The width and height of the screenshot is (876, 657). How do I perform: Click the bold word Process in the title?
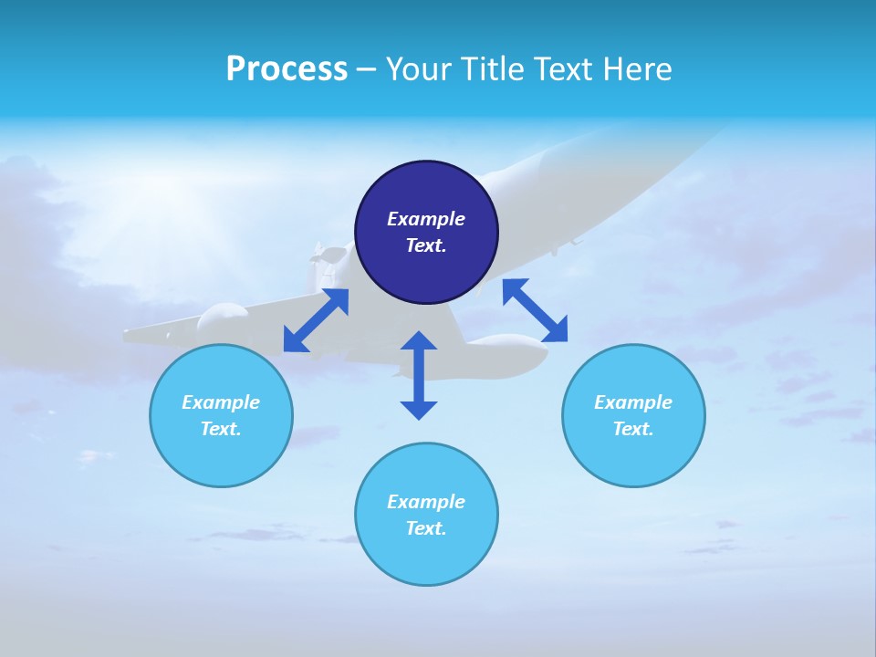(x=287, y=69)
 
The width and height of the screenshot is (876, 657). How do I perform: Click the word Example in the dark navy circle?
(x=426, y=219)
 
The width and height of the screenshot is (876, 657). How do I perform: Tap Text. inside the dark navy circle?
(x=426, y=245)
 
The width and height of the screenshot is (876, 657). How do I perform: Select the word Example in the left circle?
(x=221, y=402)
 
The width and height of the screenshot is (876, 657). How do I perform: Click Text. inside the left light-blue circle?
(x=221, y=429)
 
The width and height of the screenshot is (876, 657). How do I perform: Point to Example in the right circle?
(x=633, y=402)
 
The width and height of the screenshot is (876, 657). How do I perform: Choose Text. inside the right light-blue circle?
(x=633, y=429)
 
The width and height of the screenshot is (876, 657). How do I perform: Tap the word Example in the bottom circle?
(x=426, y=502)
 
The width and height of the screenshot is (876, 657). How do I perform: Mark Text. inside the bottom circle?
(x=426, y=528)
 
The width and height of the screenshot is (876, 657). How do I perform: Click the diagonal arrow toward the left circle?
(x=316, y=320)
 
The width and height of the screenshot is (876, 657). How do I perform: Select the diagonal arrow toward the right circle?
(x=535, y=310)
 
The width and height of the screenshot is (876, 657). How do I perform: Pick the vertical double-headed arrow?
(x=419, y=374)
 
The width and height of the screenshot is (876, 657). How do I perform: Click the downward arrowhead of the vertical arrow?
(x=419, y=410)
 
